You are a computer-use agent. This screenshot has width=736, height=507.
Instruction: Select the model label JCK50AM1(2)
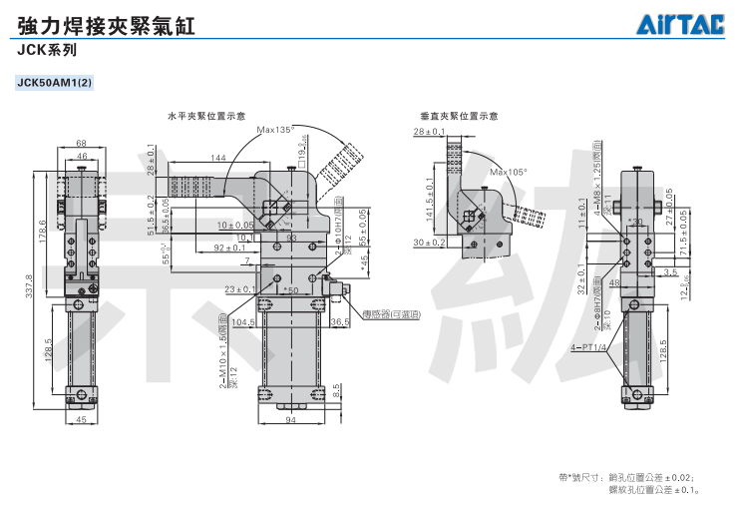(x=54, y=82)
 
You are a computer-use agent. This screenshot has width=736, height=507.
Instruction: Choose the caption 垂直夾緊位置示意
(x=460, y=116)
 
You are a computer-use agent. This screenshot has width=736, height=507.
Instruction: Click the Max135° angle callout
(x=275, y=130)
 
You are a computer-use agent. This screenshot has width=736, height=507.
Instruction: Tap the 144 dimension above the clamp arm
(x=218, y=158)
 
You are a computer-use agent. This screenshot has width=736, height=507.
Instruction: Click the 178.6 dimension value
(x=42, y=230)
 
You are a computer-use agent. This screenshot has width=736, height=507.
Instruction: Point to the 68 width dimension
(x=81, y=143)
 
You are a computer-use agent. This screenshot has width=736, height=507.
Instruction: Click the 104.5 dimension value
(x=242, y=322)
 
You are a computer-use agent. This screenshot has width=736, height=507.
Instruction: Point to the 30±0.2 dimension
(x=431, y=243)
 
